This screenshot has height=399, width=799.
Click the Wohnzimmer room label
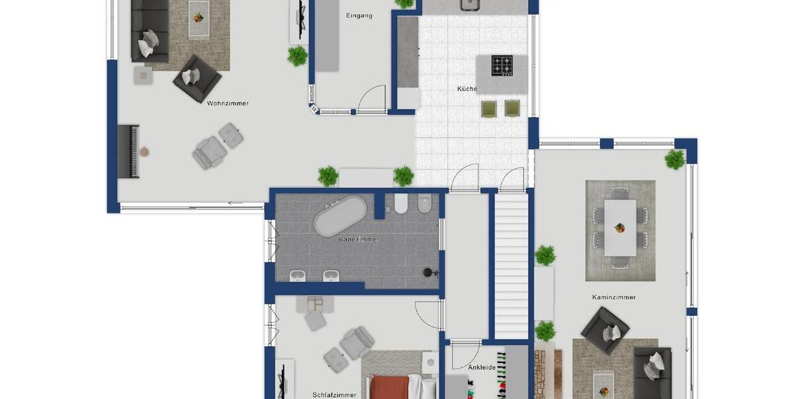228,103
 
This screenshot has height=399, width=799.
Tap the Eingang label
359,15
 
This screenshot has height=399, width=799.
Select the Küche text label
467,88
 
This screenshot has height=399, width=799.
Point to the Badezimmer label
358,239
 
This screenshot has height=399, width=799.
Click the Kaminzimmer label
614,297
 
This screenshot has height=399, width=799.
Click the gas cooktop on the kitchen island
502,65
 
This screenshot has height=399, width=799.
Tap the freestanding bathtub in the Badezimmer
340,215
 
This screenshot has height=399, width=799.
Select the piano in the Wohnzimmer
129,151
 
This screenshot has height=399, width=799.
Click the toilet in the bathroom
401,204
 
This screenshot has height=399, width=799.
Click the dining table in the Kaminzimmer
620,227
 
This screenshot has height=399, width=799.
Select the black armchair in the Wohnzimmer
197,78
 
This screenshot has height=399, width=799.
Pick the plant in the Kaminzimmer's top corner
674,160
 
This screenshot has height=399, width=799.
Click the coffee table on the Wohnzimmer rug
198,12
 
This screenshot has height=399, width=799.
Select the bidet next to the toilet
424,204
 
